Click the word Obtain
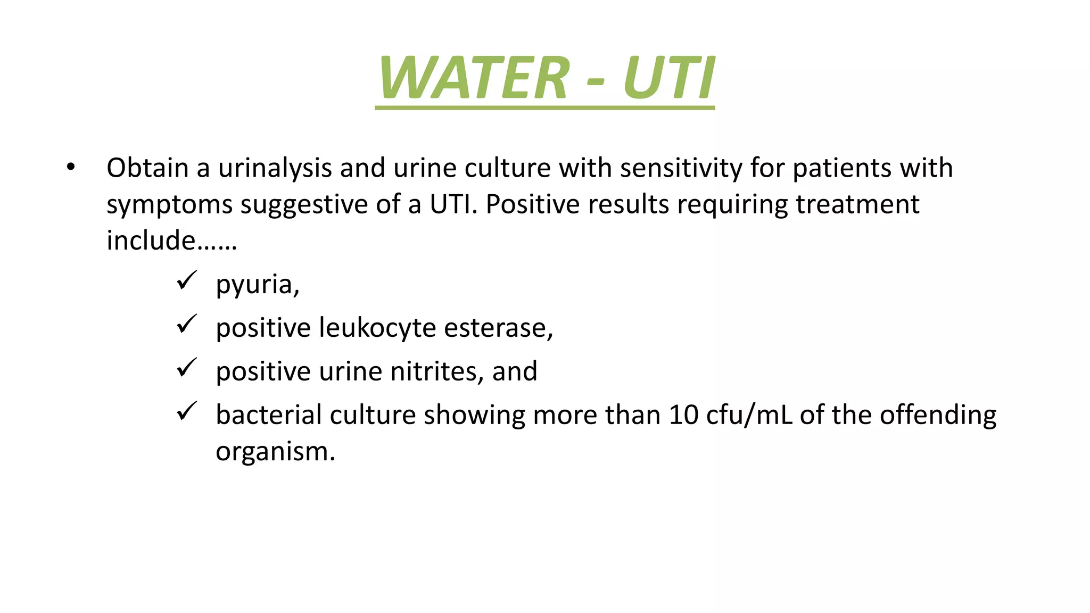147,168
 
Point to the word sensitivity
681,168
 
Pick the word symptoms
169,205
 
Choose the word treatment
857,204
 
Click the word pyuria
257,285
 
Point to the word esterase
498,328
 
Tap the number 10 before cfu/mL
683,415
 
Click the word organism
275,452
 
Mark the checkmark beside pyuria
187,280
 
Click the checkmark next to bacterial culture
187,411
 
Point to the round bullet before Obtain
71,168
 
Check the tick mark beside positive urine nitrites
187,368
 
